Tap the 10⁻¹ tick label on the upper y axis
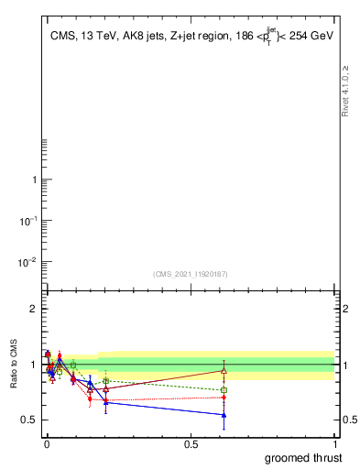click(27, 221)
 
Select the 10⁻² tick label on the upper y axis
click(27, 262)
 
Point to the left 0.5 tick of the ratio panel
click(28, 420)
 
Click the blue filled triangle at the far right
click(224, 415)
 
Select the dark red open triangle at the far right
click(224, 370)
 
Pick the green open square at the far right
click(224, 390)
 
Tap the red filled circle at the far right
click(224, 398)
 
